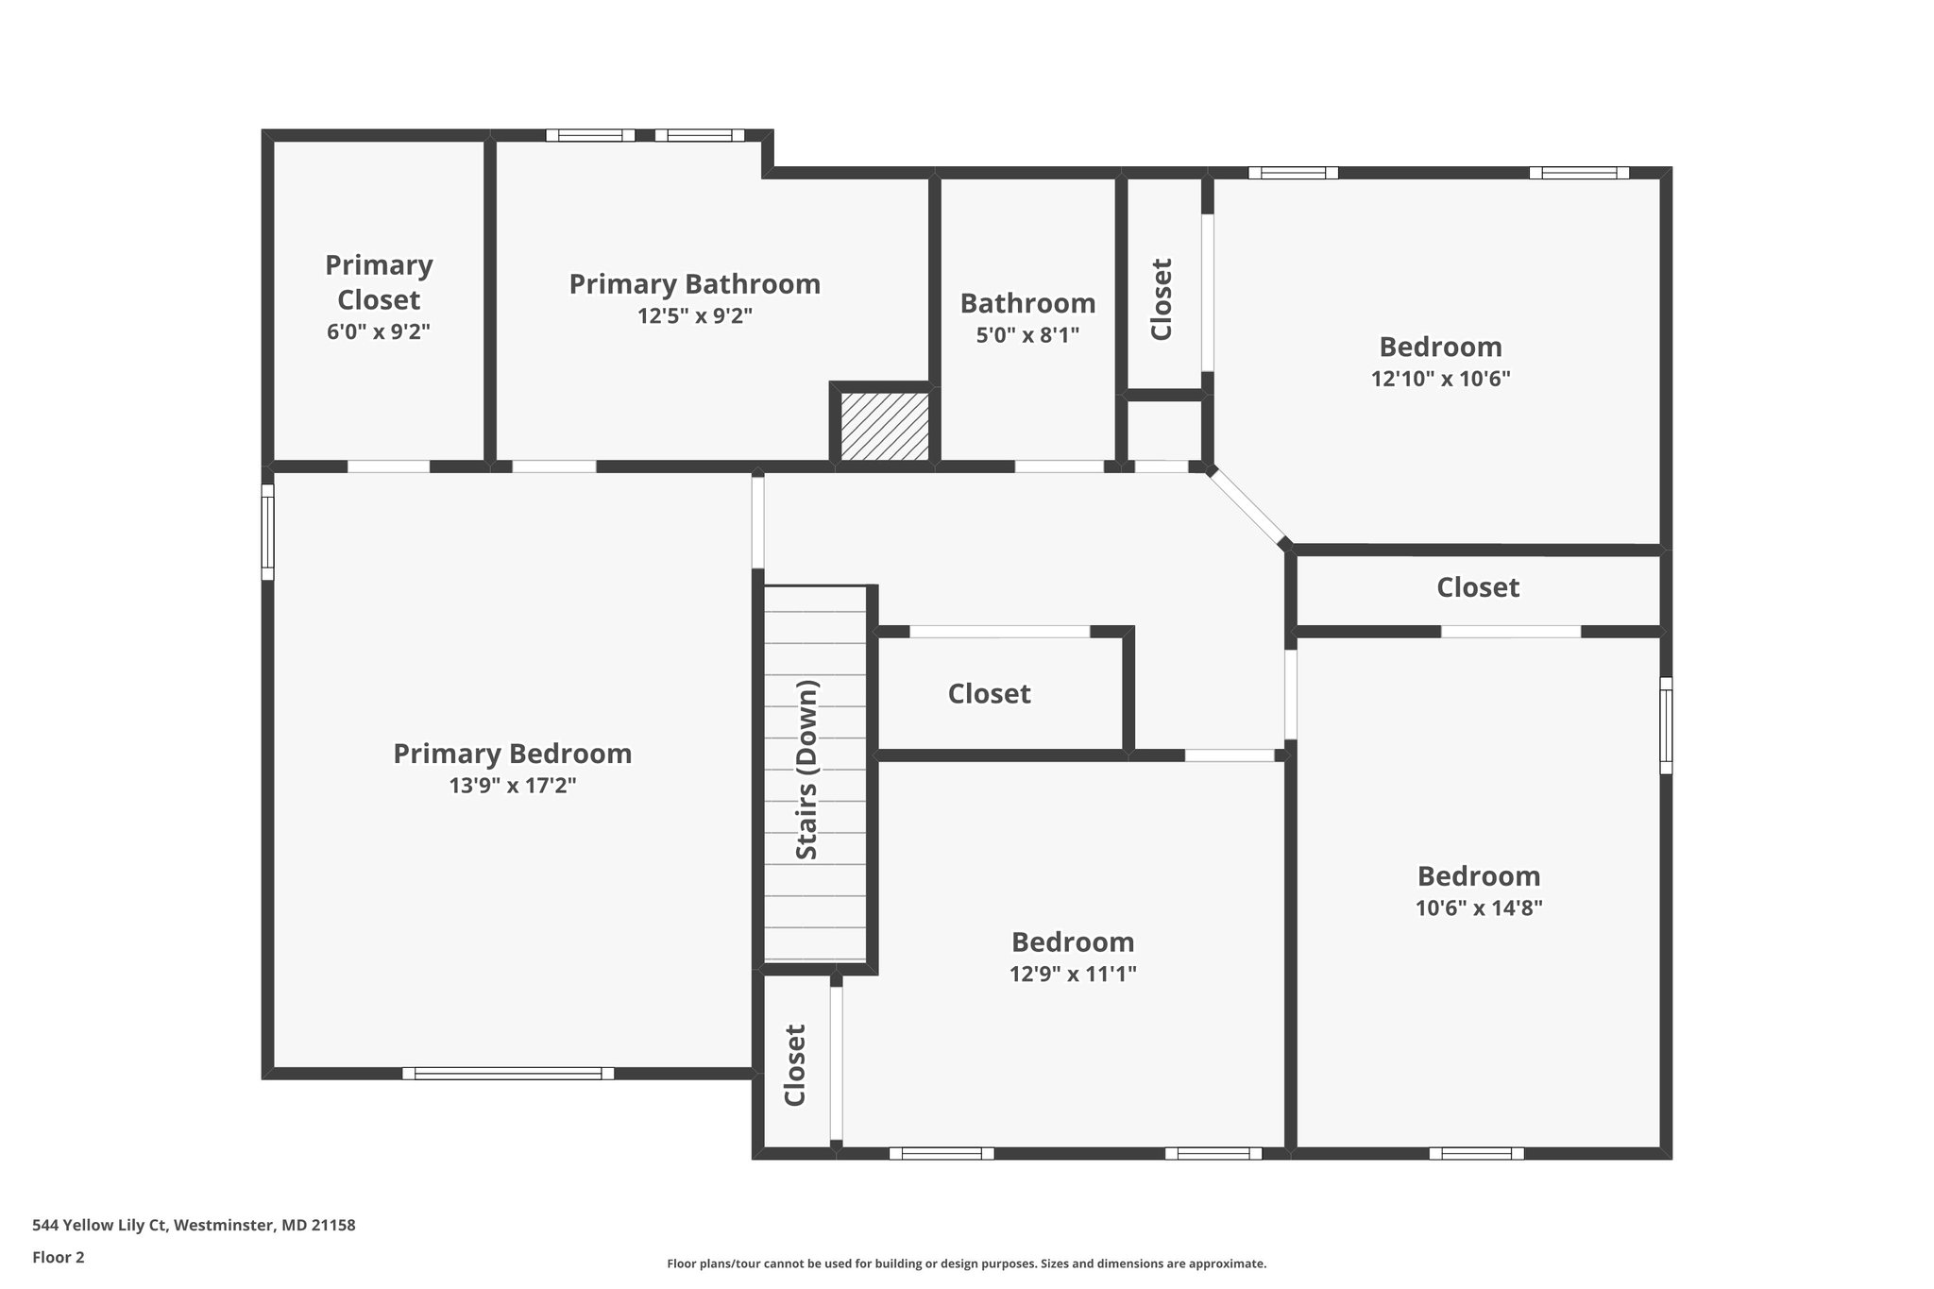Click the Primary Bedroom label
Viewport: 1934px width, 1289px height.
click(512, 754)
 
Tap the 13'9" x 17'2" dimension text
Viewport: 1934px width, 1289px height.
click(513, 786)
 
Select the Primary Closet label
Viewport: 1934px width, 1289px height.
click(379, 281)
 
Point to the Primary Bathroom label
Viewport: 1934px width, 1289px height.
click(694, 284)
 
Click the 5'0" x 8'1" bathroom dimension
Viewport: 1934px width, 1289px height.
click(1027, 334)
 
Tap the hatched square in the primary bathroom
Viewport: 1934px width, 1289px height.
click(885, 427)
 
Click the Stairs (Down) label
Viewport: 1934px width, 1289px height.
click(806, 770)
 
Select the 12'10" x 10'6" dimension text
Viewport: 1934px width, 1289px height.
click(1441, 379)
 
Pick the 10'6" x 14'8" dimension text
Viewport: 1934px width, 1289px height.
click(1479, 908)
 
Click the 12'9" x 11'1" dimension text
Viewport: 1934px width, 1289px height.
click(1073, 974)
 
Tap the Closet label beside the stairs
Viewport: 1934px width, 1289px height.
click(989, 693)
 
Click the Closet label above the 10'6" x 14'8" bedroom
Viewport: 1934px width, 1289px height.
click(1478, 587)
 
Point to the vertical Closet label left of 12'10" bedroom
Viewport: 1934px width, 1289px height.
click(1161, 299)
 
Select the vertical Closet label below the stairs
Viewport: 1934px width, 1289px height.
click(795, 1065)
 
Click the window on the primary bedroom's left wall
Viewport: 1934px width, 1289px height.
click(267, 532)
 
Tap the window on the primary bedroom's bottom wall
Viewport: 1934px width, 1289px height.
click(508, 1073)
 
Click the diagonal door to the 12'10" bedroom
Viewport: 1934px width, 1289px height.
click(1247, 507)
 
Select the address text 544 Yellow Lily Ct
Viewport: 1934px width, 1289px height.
click(99, 1226)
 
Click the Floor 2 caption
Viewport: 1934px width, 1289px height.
click(59, 1257)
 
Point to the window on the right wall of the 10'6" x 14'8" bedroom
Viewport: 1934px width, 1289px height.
click(1666, 725)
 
